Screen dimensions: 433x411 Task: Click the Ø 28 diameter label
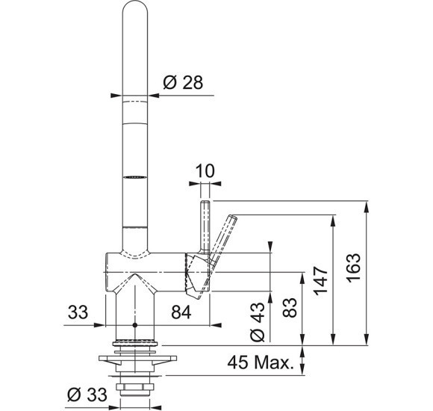[x=183, y=82]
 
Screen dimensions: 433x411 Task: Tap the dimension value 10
[x=205, y=171]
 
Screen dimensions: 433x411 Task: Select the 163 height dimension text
[x=354, y=268]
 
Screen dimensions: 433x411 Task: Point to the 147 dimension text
[x=320, y=281]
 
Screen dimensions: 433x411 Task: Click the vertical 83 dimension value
[x=290, y=307]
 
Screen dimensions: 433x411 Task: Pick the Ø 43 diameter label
[x=258, y=322]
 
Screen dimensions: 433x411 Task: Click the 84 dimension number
[x=181, y=312]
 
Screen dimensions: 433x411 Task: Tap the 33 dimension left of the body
[x=78, y=312]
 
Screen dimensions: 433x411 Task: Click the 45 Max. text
[x=260, y=362]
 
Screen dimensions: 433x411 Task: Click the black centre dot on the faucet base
[x=135, y=325]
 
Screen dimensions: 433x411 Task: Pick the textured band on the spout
[x=135, y=176]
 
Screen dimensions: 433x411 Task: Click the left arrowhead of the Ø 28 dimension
[x=116, y=96]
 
